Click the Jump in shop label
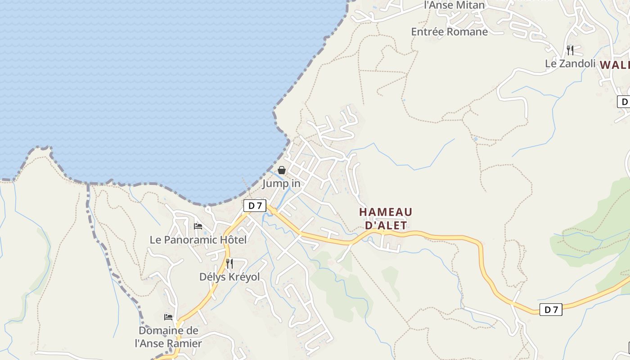point(281,184)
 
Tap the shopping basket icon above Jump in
point(282,170)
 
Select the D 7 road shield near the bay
point(255,206)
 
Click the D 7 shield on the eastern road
point(551,310)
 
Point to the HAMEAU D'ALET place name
point(385,218)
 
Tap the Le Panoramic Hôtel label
point(198,240)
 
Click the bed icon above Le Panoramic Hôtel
point(198,226)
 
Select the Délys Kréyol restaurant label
point(229,277)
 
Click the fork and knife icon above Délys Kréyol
point(229,263)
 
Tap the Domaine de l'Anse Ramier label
point(168,337)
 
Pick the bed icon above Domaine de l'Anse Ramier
point(168,317)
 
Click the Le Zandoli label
point(570,63)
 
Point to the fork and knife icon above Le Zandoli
point(570,50)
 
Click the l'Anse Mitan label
point(454,5)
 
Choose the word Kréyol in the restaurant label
point(244,277)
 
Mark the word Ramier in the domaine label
point(185,343)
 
